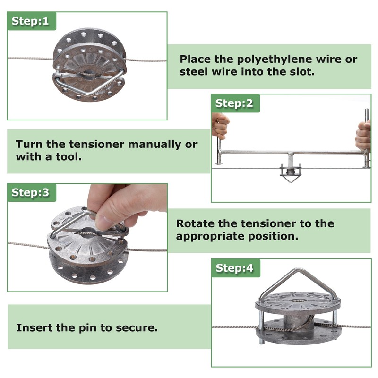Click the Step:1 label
(30, 21)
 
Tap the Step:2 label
(234, 103)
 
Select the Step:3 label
(30, 192)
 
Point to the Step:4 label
(234, 268)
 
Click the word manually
(155, 145)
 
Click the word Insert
(34, 327)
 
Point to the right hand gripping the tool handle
(363, 135)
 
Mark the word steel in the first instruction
(194, 72)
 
